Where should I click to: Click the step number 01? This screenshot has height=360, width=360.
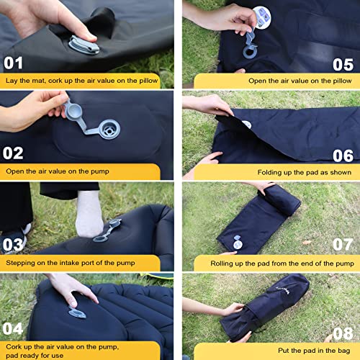tap(13, 63)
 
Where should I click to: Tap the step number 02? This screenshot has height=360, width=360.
tap(13, 153)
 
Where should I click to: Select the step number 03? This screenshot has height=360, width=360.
tap(14, 244)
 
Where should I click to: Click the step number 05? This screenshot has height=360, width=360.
tap(343, 63)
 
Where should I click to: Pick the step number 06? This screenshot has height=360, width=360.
tap(343, 155)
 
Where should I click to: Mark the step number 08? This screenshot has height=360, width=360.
tap(343, 333)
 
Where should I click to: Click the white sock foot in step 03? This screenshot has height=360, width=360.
tap(89, 213)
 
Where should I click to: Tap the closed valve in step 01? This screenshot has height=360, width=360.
tap(81, 45)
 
